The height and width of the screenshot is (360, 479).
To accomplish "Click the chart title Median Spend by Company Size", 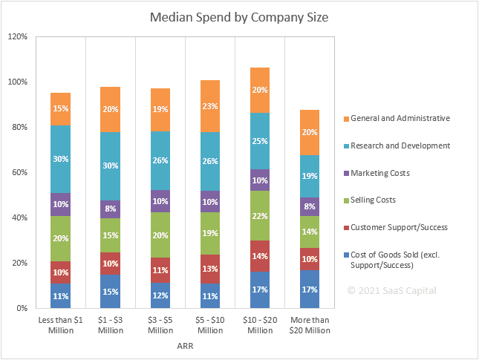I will click(239, 16).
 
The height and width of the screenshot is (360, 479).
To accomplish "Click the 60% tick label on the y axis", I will click(19, 172).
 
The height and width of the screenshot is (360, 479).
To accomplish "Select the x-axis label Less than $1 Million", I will click(61, 324).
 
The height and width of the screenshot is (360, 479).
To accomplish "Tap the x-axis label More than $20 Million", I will click(309, 324).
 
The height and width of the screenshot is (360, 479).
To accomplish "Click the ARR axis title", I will click(185, 345).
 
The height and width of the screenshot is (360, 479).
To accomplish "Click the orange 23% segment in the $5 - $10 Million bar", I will click(210, 106).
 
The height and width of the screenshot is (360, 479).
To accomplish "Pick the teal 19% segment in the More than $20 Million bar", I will click(309, 176).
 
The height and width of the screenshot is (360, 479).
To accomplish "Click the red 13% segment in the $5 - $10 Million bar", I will click(210, 269).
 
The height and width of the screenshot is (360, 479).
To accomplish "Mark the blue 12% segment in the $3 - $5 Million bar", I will click(160, 295).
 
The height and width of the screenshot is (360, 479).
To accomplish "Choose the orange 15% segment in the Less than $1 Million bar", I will click(61, 109).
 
